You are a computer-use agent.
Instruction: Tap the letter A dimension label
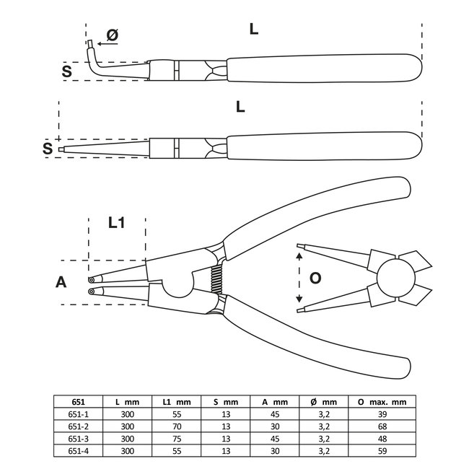[61, 282]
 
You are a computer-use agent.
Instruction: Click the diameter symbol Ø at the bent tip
[112, 34]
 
